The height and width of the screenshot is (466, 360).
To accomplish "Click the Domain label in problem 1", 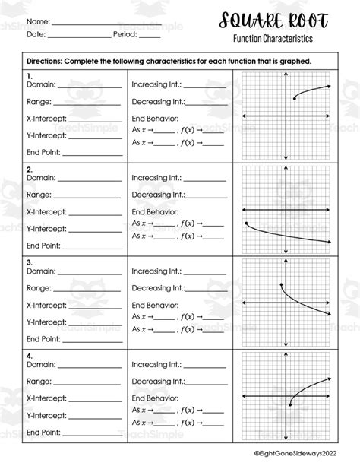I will coord(41,85).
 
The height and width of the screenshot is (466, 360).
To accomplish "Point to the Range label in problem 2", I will coord(39,194).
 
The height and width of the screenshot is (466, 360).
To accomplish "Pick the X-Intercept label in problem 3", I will coord(46,304).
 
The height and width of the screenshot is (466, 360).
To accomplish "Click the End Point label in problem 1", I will coord(43,152).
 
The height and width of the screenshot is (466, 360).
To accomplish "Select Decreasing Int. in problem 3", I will coord(157,288).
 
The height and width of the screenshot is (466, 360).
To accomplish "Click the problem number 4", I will coord(29,355).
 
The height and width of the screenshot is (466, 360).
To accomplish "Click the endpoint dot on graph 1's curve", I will coord(295,98).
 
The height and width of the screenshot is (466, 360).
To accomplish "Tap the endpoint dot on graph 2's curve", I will coord(247,223).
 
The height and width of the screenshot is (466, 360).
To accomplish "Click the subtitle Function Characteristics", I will coord(273,38).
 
